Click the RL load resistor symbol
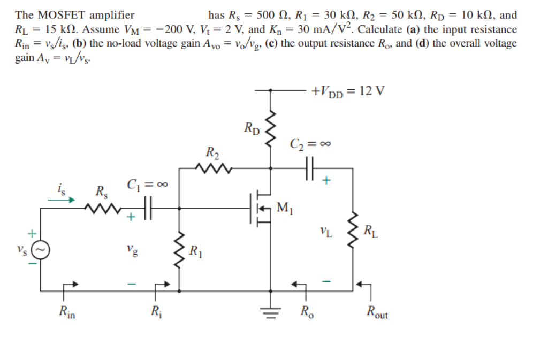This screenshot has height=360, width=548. point(353,231)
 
